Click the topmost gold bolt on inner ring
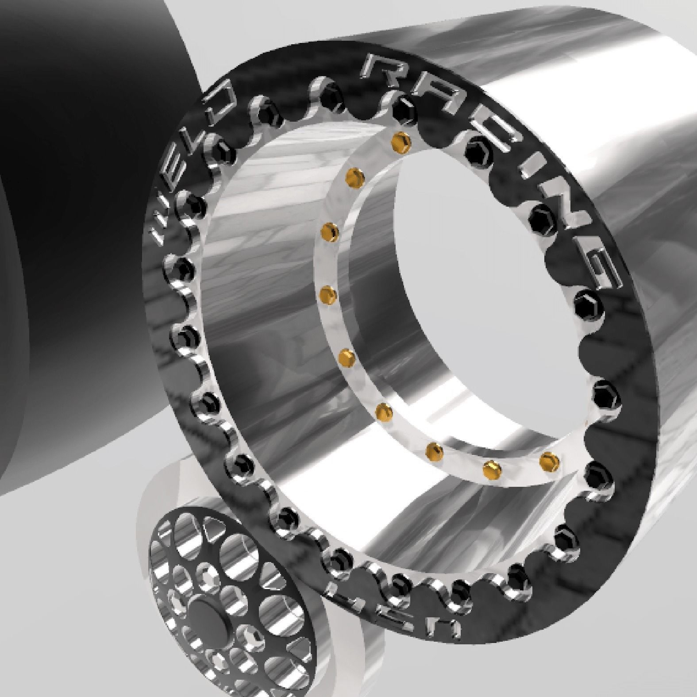tap(401, 141)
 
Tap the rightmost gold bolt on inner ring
tap(549, 460)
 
